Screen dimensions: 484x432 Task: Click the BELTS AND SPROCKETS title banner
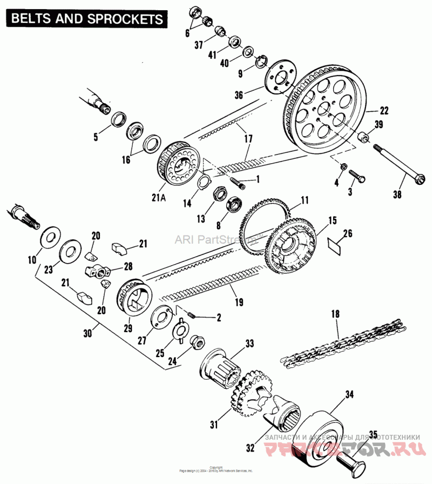coord(86,18)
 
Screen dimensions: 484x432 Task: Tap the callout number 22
coord(384,111)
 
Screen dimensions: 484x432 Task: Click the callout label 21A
coord(159,198)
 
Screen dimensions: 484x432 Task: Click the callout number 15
coord(332,220)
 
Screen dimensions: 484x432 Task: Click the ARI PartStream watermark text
coord(217,239)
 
